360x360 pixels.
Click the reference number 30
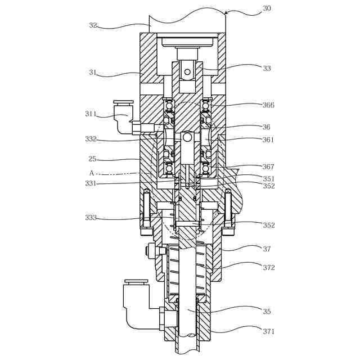[x=267, y=8]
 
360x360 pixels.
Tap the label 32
[x=93, y=25]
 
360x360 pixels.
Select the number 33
[x=267, y=68]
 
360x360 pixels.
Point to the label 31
[x=92, y=73]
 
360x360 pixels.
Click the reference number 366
[x=268, y=105]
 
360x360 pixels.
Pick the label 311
[x=91, y=114]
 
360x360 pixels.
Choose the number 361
[x=268, y=139]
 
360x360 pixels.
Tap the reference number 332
[x=91, y=139]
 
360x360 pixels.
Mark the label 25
[x=93, y=159]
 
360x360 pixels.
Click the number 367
[x=268, y=167]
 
